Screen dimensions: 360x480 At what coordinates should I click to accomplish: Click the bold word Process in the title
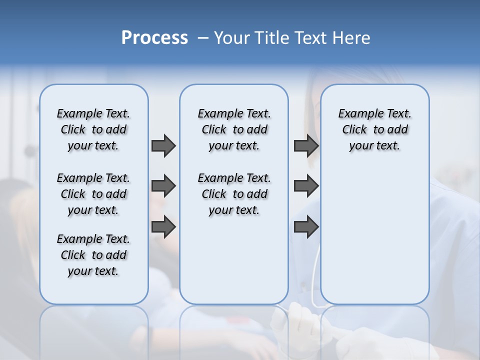click(154, 38)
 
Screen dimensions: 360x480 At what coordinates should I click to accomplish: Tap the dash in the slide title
click(203, 38)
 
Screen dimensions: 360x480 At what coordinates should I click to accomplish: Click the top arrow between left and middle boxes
click(163, 145)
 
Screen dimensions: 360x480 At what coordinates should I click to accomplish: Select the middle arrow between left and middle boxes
click(163, 186)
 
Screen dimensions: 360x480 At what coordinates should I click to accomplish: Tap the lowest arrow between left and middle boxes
click(163, 226)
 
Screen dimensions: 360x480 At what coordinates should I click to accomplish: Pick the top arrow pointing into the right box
click(306, 145)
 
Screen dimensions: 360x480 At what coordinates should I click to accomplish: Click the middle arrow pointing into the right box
click(306, 186)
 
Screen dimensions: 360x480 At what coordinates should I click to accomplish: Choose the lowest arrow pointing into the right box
click(306, 226)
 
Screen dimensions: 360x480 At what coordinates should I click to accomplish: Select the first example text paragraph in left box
click(93, 129)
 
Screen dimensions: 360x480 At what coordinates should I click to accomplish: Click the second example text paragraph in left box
click(93, 194)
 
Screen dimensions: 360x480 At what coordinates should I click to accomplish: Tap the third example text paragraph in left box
click(93, 255)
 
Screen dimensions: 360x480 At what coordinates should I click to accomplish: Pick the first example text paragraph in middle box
click(234, 129)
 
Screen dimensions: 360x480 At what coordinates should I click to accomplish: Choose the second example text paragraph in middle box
click(234, 194)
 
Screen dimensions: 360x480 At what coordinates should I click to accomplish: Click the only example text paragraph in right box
click(374, 129)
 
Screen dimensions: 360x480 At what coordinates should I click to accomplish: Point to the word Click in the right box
click(354, 130)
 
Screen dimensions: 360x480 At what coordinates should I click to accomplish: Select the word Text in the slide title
click(311, 38)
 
